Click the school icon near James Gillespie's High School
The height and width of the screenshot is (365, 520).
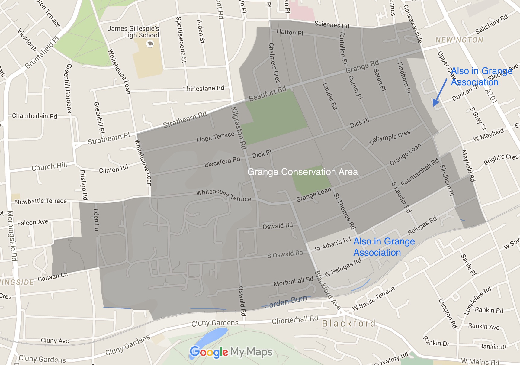pos(150,44)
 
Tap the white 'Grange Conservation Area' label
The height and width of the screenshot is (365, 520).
pos(302,172)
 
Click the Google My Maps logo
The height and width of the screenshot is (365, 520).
pos(231,352)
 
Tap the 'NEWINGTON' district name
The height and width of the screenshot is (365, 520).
pos(459,40)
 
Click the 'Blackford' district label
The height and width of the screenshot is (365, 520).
pos(349,324)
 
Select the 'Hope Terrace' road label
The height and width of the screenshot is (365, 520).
pos(215,137)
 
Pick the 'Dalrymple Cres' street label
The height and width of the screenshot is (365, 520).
pos(390,137)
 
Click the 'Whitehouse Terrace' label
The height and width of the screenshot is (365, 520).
pos(223,195)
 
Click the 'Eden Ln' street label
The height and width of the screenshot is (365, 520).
pos(96,220)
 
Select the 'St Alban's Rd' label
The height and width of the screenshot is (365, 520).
pos(332,244)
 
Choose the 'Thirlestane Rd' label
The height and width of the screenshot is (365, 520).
pos(204,88)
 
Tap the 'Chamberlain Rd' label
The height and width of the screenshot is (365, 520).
pos(34,116)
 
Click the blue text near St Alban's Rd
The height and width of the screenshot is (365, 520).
pos(384,247)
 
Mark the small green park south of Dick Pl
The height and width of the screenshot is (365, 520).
pos(311,180)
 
